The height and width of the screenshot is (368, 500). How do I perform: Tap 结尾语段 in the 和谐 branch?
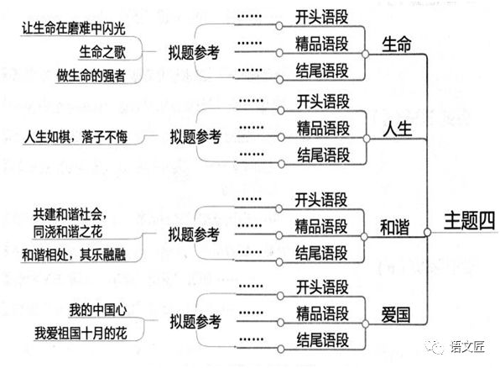tap(323, 251)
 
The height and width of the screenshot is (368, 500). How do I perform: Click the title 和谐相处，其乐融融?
tap(73, 254)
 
